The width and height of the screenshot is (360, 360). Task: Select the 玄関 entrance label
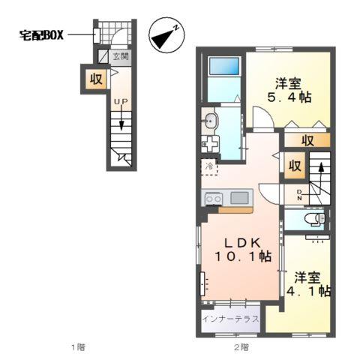(x=120, y=56)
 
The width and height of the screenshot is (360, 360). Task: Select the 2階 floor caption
(x=240, y=346)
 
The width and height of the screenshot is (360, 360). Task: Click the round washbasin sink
(x=210, y=119)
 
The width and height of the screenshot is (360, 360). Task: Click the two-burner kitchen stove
(x=213, y=199)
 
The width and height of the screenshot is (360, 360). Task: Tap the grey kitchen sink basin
(x=240, y=198)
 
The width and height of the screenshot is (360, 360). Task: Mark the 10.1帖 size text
(x=243, y=256)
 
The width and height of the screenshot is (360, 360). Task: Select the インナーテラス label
(x=231, y=319)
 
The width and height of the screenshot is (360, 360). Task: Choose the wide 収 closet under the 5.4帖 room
(x=307, y=139)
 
